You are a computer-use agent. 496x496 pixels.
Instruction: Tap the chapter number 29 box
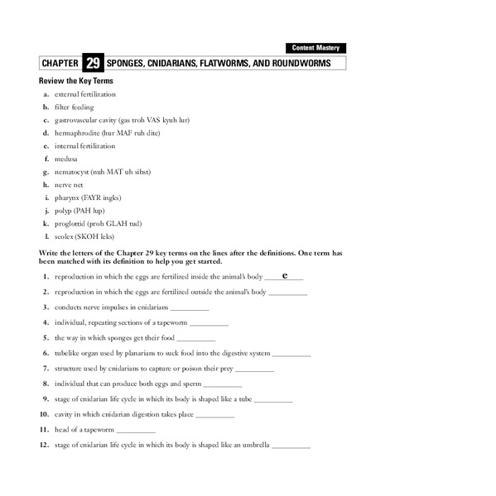coord(93,64)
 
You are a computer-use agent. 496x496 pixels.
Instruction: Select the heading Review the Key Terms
coord(76,81)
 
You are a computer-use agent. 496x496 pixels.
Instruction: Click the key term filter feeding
coord(74,107)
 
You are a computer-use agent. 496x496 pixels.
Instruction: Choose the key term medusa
coord(67,159)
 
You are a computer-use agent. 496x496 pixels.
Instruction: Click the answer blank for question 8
coord(222,385)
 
